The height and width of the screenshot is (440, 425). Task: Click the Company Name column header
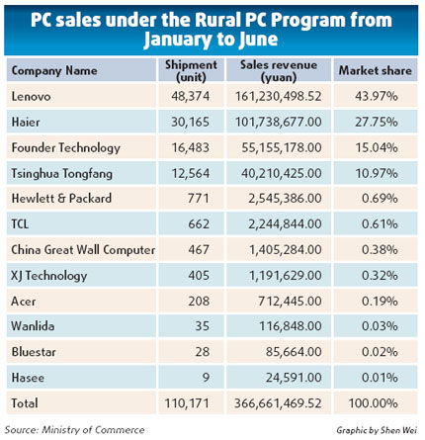click(54, 72)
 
